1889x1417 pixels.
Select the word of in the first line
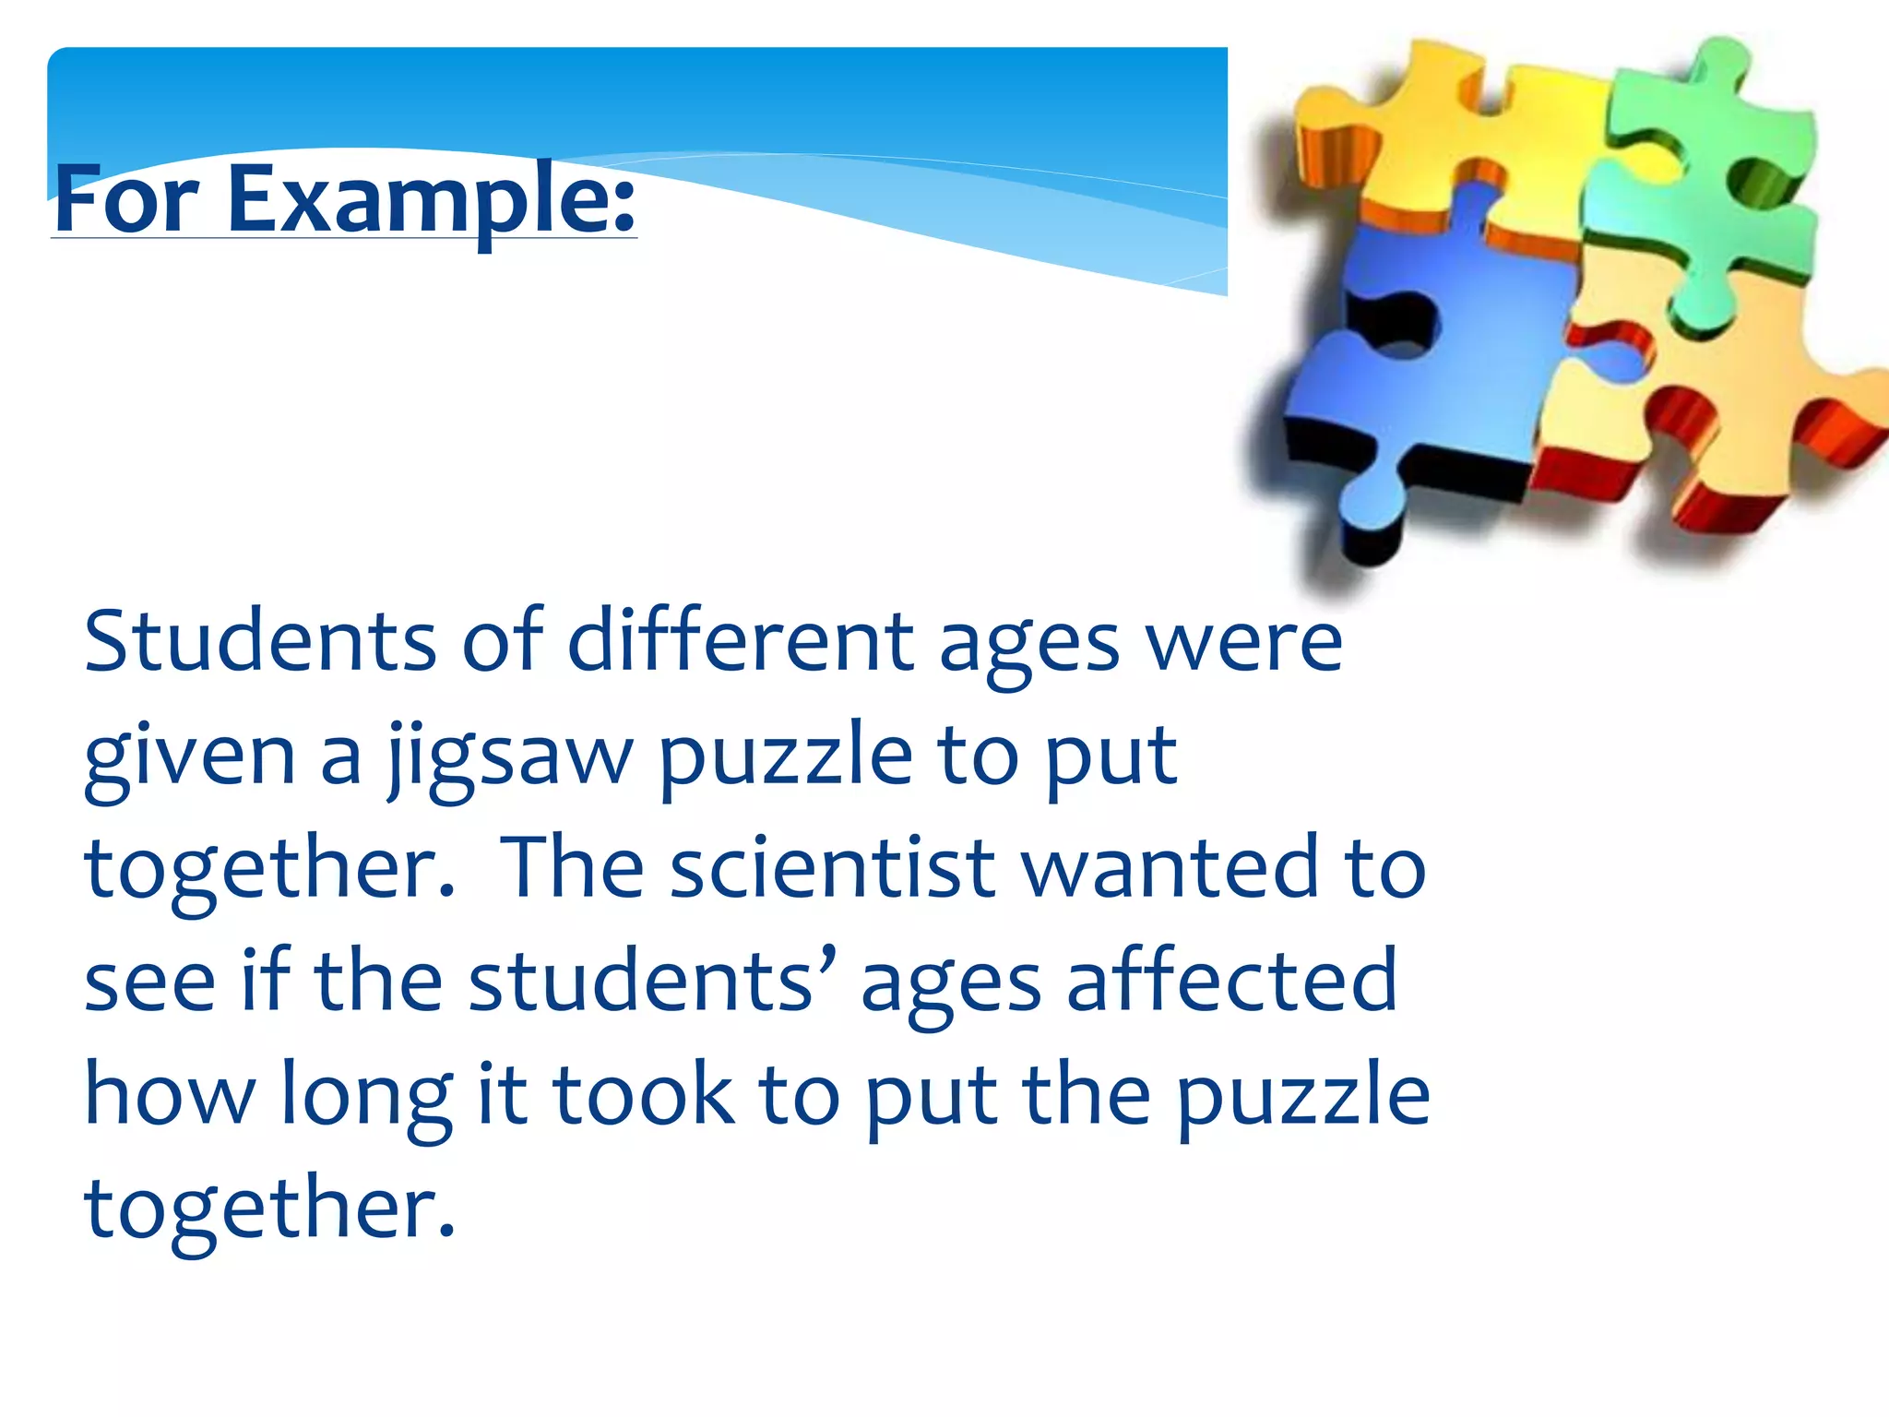point(504,641)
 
